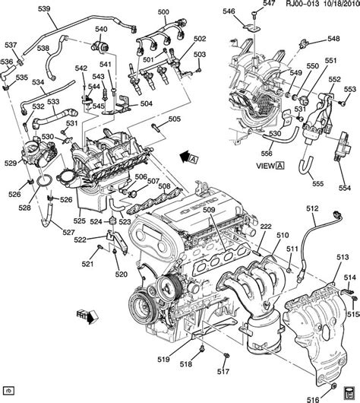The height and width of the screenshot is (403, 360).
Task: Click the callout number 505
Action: point(174,119)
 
